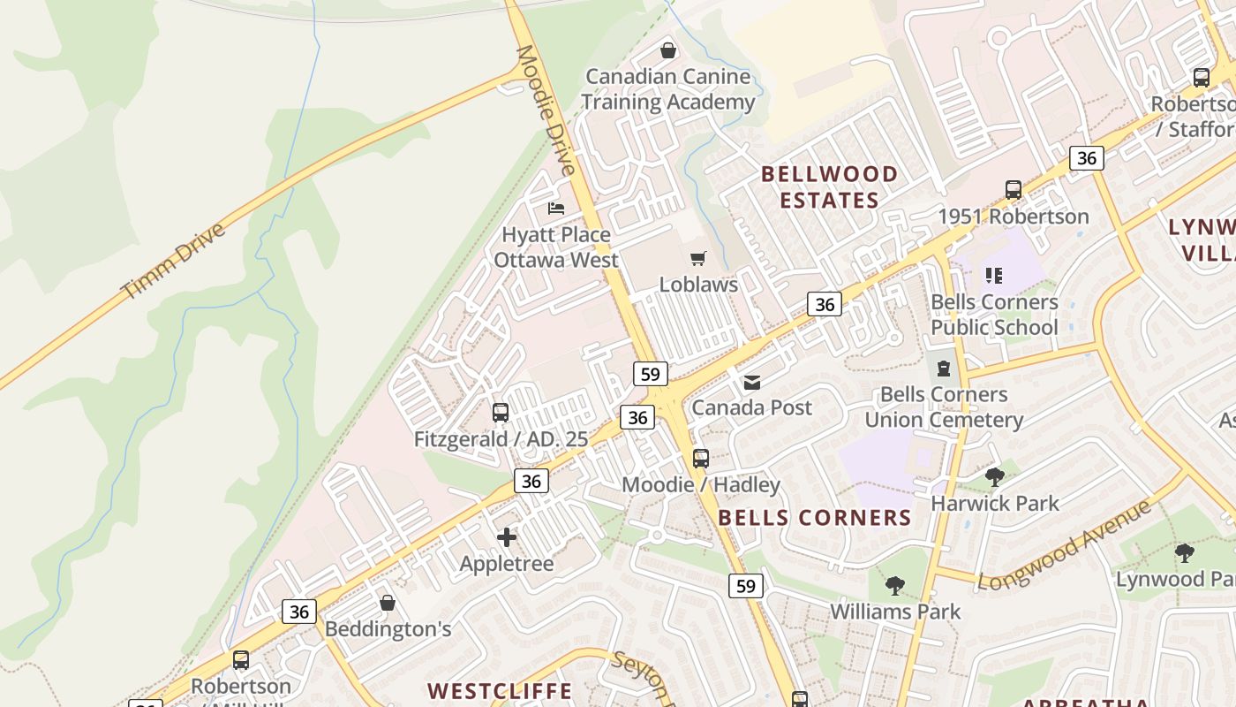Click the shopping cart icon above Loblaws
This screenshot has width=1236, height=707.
[x=698, y=259]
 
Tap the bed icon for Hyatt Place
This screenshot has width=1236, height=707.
[x=556, y=209]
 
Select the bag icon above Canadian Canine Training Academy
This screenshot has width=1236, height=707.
[x=668, y=50]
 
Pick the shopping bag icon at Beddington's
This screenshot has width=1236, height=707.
[x=387, y=603]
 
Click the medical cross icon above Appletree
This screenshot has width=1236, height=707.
[x=507, y=536]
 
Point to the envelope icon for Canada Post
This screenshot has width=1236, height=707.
[x=751, y=382]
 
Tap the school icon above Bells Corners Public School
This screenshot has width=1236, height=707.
[x=994, y=276]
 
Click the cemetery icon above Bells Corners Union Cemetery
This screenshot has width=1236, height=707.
[x=944, y=368]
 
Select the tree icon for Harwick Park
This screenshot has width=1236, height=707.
[x=995, y=477]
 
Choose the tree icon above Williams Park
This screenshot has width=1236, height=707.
[x=895, y=585]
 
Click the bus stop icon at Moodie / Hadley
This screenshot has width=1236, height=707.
[x=701, y=459]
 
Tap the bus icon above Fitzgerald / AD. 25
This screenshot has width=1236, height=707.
[x=501, y=413]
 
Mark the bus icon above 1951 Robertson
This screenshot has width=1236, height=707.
[x=1014, y=190]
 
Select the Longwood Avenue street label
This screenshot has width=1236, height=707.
[x=1065, y=544]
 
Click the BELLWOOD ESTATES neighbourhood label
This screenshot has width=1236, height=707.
[x=829, y=186]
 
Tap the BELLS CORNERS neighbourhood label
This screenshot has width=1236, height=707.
[x=814, y=518]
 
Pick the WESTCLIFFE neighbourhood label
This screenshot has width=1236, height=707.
[x=500, y=690]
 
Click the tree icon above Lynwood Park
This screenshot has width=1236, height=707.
[x=1184, y=553]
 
